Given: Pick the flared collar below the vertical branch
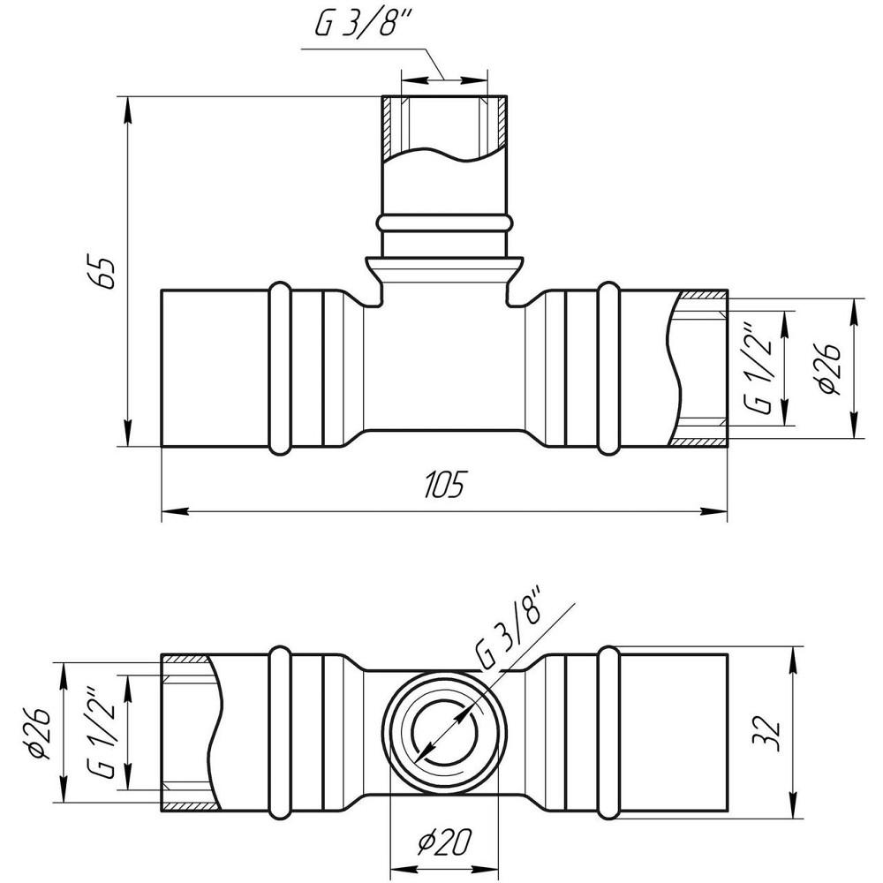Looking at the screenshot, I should [444, 267].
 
